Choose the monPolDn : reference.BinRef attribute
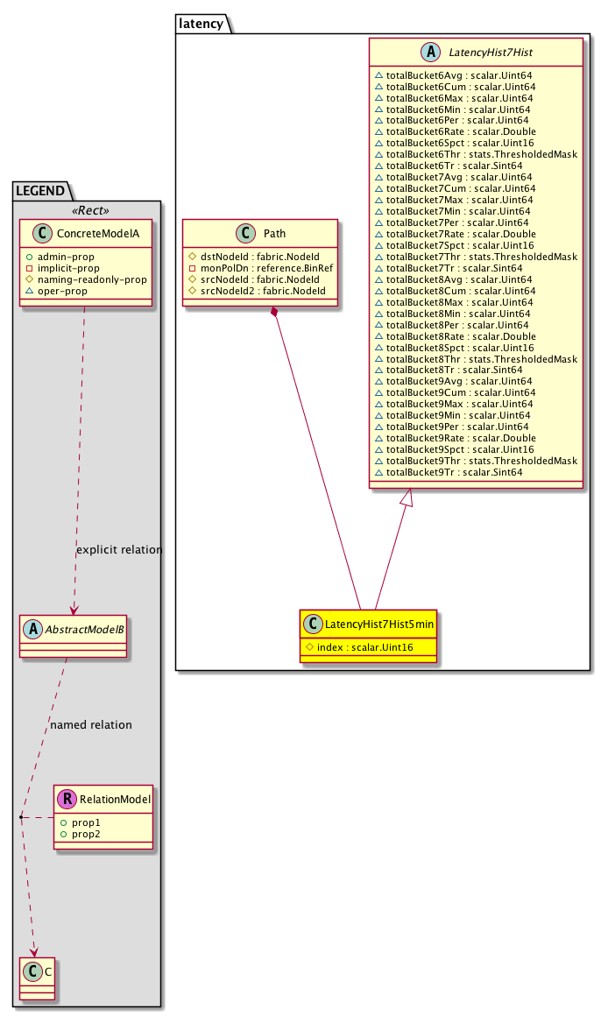coord(261,268)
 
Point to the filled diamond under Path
coord(275,313)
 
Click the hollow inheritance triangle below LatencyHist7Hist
coord(405,497)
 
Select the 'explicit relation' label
coord(119,550)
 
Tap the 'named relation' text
coord(91,725)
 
